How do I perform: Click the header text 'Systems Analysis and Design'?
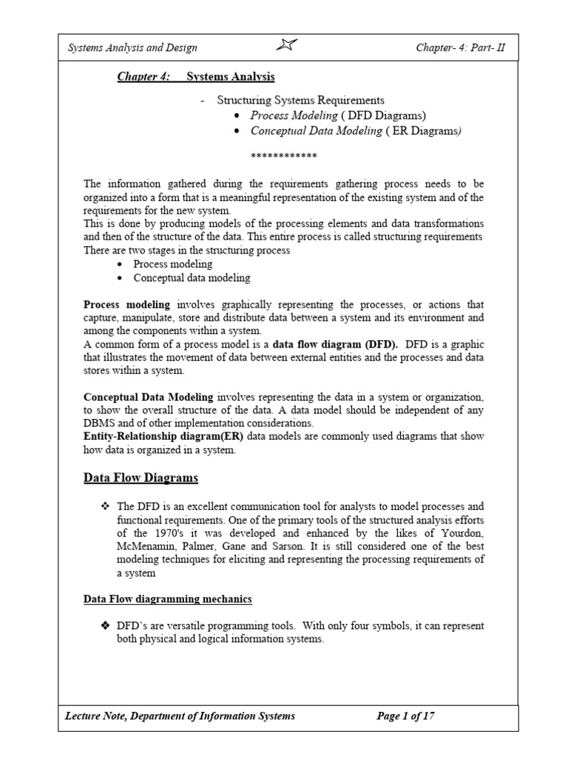132,48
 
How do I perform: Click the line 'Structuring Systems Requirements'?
300,100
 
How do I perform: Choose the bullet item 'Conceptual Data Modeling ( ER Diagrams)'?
356,131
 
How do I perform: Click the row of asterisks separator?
284,156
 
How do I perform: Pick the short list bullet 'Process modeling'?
172,264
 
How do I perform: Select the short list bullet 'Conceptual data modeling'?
192,278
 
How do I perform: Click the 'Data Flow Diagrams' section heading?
141,478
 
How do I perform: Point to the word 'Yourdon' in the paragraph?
461,532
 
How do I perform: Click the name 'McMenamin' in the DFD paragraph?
146,546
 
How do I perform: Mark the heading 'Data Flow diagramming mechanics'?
167,599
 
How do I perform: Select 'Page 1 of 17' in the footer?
405,716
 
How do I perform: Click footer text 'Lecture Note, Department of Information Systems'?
180,716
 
